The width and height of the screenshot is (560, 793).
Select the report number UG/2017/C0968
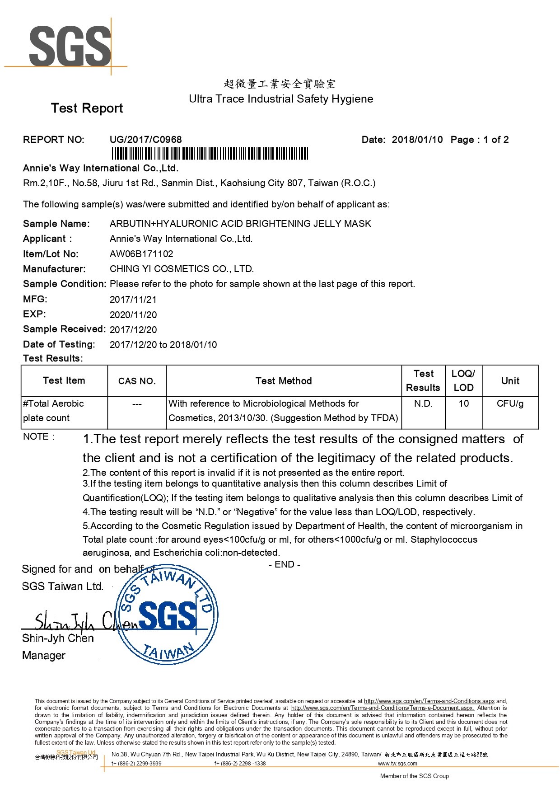pyautogui.click(x=145, y=140)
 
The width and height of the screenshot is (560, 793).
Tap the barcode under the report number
pyautogui.click(x=210, y=154)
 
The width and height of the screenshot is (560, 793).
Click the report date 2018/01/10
pyautogui.click(x=417, y=140)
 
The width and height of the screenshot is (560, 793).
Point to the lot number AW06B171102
pyautogui.click(x=141, y=254)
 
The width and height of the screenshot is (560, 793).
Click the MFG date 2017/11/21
pyautogui.click(x=133, y=300)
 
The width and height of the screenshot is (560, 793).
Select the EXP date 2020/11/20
pyautogui.click(x=133, y=315)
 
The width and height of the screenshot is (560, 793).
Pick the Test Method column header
pyautogui.click(x=284, y=381)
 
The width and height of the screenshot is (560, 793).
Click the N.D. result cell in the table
pyautogui.click(x=423, y=404)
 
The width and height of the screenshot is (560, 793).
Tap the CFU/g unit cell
pyautogui.click(x=510, y=404)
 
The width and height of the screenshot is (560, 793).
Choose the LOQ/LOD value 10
pyautogui.click(x=464, y=404)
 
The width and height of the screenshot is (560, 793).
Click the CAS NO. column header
pyautogui.click(x=137, y=381)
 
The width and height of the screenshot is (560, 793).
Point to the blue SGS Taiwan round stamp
pyautogui.click(x=167, y=615)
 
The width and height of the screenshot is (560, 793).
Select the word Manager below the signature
pyautogui.click(x=44, y=656)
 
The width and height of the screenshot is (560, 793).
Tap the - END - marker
pyautogui.click(x=285, y=564)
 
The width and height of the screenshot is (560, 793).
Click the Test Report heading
pyautogui.click(x=87, y=108)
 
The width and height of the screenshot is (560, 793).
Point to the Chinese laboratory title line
pyautogui.click(x=280, y=84)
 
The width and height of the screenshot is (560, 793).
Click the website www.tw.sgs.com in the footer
pyautogui.click(x=397, y=763)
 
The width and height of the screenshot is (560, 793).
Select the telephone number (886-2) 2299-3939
pyautogui.click(x=140, y=763)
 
